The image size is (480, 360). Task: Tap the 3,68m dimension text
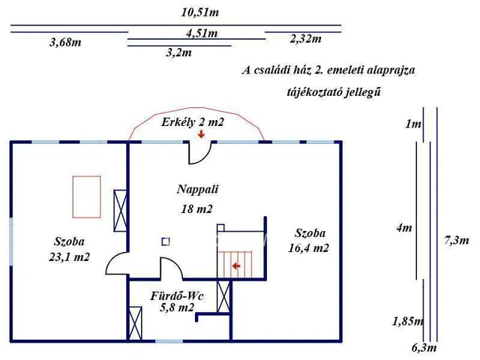click(x=65, y=43)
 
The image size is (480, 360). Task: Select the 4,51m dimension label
click(x=202, y=33)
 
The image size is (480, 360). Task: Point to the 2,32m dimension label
click(x=305, y=39)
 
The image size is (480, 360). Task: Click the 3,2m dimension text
click(x=178, y=52)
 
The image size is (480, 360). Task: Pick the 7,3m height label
click(x=456, y=241)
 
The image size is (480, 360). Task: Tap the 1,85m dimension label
click(x=407, y=322)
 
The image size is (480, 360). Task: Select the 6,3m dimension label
click(x=424, y=348)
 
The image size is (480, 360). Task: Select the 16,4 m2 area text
click(x=309, y=247)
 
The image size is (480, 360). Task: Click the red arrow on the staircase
click(x=236, y=265)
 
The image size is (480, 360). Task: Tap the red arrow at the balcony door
click(x=201, y=134)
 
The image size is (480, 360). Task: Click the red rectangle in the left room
click(x=86, y=196)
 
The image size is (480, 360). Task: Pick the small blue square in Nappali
click(x=166, y=241)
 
